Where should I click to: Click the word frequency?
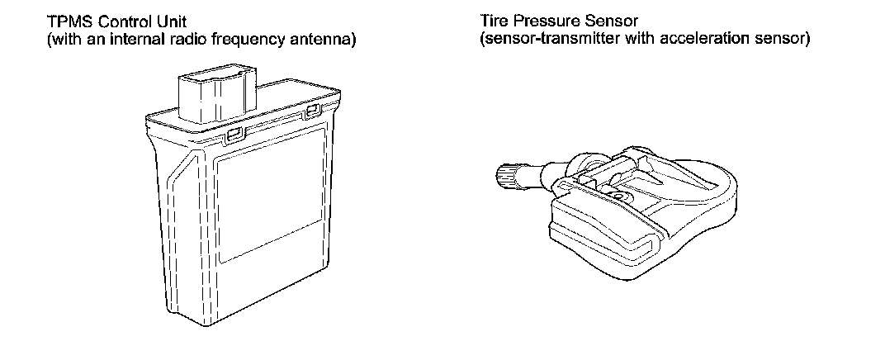[253, 39]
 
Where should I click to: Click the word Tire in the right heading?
[493, 22]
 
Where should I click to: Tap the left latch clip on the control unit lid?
[234, 132]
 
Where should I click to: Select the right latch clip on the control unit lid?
[313, 110]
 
